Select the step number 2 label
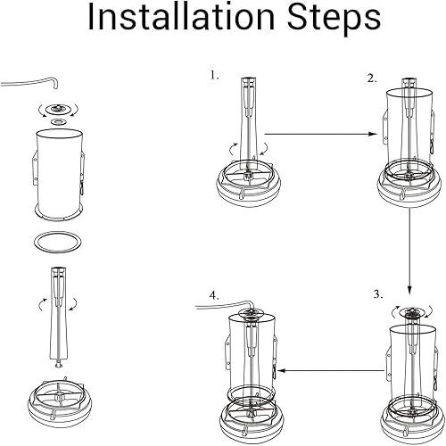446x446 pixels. (x=372, y=78)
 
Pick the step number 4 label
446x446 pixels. (x=213, y=293)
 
